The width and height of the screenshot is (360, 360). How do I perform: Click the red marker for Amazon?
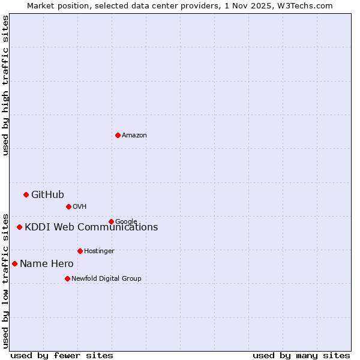[118, 135]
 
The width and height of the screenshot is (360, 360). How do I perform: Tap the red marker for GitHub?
[26, 194]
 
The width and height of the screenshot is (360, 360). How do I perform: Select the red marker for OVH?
[68, 206]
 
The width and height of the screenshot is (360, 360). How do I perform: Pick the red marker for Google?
[111, 221]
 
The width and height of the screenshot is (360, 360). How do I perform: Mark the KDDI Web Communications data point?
[19, 227]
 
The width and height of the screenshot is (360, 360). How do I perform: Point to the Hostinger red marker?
[80, 251]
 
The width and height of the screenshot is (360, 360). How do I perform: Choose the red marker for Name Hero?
[14, 263]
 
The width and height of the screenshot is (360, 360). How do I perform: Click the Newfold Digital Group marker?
[67, 278]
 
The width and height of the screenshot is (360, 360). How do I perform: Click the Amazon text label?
[134, 136]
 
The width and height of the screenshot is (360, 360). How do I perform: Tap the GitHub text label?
[47, 194]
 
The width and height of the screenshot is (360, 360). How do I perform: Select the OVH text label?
[80, 207]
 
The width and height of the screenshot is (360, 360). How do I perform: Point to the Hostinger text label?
[99, 251]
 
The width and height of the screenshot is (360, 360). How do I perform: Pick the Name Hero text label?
[46, 264]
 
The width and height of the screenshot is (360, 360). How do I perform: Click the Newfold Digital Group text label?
[106, 279]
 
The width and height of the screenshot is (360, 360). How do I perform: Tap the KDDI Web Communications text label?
[91, 227]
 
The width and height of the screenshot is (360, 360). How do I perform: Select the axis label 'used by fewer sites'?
[62, 355]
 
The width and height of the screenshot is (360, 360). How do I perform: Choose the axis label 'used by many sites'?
[301, 355]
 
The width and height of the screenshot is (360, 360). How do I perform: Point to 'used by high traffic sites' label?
[5, 85]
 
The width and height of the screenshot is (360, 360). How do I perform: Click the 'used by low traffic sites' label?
[5, 280]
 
